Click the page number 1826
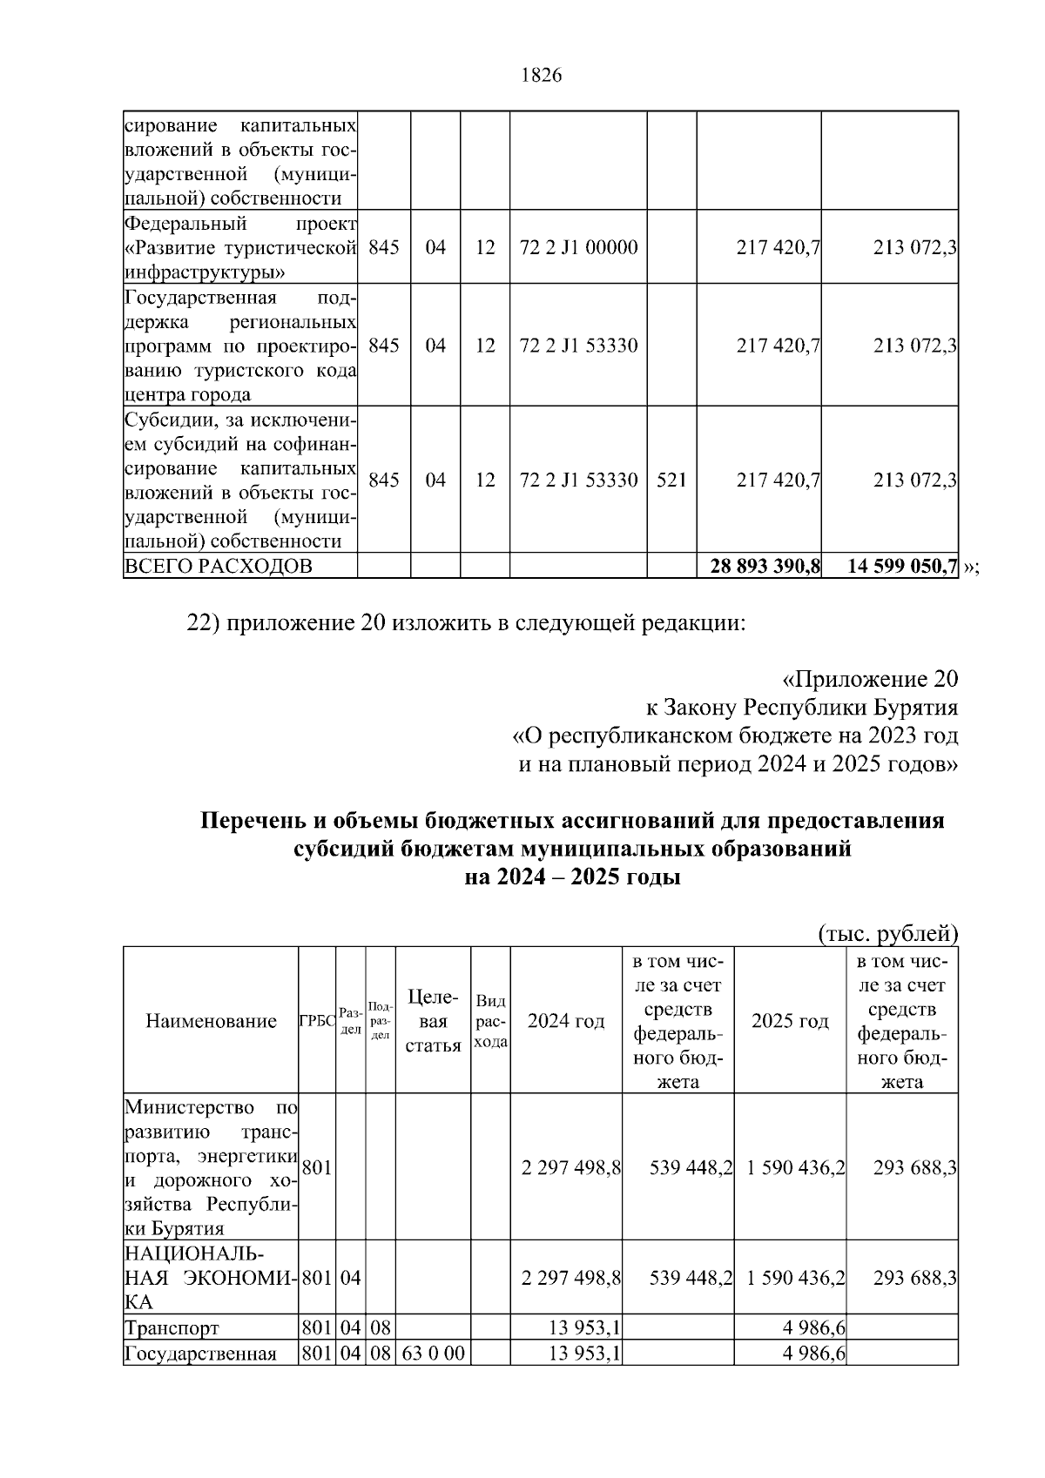(541, 76)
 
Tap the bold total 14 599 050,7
(903, 567)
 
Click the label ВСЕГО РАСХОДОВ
(219, 567)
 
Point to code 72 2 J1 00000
(578, 247)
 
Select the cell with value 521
(671, 480)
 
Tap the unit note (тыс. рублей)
(887, 934)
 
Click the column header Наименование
(211, 1021)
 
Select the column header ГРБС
(317, 1021)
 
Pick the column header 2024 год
(566, 1021)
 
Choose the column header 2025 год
(790, 1021)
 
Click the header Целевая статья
(433, 1020)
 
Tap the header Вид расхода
(490, 1021)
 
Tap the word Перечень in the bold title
(248, 821)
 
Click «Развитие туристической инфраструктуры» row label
(240, 247)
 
